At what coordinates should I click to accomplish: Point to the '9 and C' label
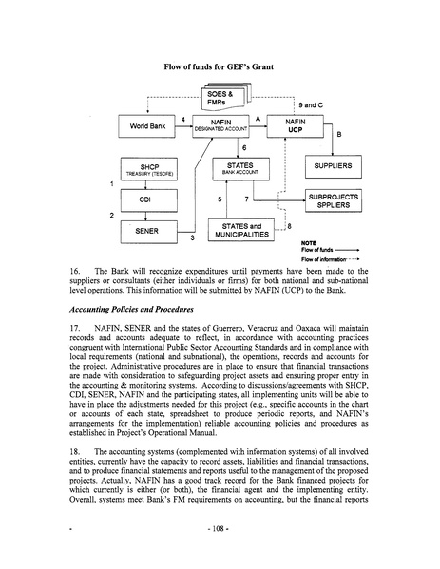click(x=311, y=102)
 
